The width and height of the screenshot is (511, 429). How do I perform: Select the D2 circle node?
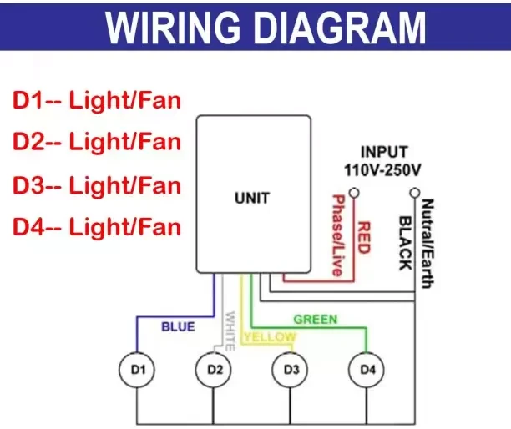click(214, 368)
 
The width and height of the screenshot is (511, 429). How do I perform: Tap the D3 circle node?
click(291, 368)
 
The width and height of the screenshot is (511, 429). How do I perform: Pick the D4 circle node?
click(367, 368)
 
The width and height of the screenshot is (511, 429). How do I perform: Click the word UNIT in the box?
click(251, 199)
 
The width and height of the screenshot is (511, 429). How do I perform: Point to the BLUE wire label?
click(178, 326)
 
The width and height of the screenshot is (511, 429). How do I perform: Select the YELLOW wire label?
click(269, 336)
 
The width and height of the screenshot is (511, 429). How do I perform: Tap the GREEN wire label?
click(315, 320)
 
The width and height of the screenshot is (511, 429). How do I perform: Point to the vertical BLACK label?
click(404, 243)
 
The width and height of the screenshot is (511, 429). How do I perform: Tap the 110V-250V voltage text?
click(383, 169)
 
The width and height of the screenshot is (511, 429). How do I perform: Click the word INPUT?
click(384, 153)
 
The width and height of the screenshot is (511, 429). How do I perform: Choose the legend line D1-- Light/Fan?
click(97, 102)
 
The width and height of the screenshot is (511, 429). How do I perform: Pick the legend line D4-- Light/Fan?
click(97, 225)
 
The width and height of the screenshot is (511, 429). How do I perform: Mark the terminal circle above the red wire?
click(355, 193)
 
